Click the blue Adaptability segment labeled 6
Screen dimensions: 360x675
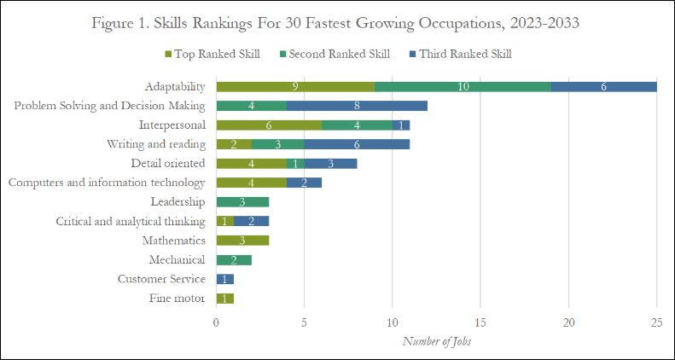pos(603,86)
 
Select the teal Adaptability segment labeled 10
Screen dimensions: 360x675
pos(463,86)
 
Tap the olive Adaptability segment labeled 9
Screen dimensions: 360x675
pos(295,86)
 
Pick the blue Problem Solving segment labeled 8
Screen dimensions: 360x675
pos(357,106)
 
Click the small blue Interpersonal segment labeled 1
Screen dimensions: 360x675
pos(401,125)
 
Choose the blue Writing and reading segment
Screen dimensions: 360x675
pos(357,144)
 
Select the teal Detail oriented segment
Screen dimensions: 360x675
pos(295,163)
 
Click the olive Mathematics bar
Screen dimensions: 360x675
pos(242,241)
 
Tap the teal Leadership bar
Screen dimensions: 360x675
pos(242,202)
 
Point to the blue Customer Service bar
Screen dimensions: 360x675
pos(224,279)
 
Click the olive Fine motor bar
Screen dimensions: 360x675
pos(224,299)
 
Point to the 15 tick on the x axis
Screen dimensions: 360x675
pos(480,322)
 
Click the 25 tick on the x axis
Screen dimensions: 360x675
pos(656,322)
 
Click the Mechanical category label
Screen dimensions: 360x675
pos(177,260)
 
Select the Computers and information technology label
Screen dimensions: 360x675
pos(106,183)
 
